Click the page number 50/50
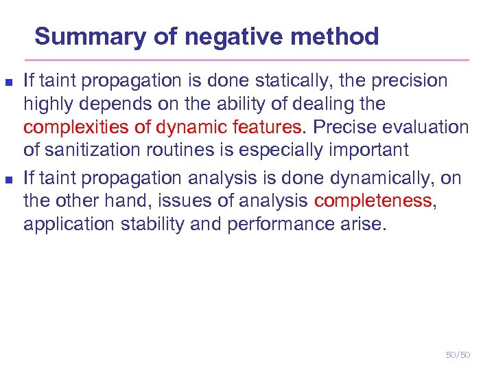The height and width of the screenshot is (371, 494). [458, 355]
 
